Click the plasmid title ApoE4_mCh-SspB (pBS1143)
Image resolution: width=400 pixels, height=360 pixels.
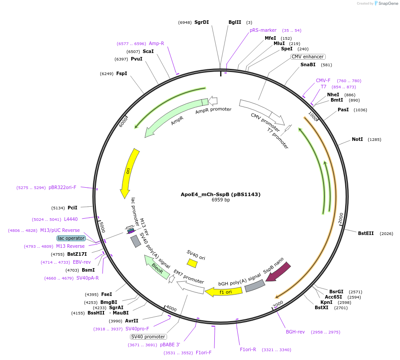tap(221, 194)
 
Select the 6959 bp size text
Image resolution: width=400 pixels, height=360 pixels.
tap(221, 200)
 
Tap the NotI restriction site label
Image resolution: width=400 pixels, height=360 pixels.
tap(357, 140)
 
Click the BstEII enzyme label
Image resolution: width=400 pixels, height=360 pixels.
tap(366, 233)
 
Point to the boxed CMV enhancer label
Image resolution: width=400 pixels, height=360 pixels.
tap(308, 57)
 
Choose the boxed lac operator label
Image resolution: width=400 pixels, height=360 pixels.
tap(71, 238)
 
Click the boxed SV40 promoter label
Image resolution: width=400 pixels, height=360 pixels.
tap(149, 337)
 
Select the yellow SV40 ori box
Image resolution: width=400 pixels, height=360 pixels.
tap(192, 263)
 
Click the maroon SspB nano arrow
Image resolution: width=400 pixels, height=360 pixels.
tap(278, 271)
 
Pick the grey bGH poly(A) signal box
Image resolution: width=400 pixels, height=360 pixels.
tap(255, 286)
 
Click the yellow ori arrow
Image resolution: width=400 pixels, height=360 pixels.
tap(129, 172)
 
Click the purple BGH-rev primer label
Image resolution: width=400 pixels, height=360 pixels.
tap(295, 332)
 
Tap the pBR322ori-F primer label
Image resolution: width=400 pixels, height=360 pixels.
tap(62, 187)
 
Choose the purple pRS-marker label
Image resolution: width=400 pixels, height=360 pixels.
tap(263, 30)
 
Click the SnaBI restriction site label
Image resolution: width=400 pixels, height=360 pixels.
tap(308, 64)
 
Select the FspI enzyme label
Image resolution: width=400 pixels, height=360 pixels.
tap(122, 73)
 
